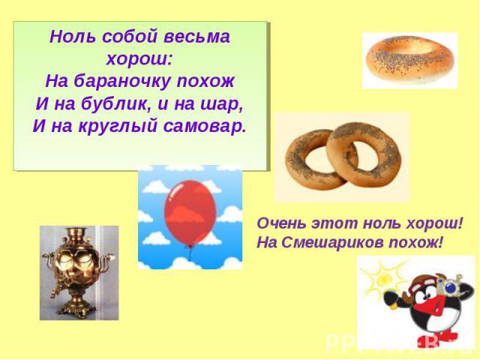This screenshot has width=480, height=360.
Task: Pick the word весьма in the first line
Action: point(196,37)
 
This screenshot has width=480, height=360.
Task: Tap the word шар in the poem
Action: point(221,104)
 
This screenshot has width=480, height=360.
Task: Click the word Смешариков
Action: point(332,243)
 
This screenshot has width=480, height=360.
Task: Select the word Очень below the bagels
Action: point(281,223)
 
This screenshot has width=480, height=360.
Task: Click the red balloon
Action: point(190,212)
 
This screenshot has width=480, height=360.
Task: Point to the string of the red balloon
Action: point(190,253)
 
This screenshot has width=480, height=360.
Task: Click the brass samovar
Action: point(79,272)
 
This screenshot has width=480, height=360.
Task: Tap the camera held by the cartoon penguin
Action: point(448,285)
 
